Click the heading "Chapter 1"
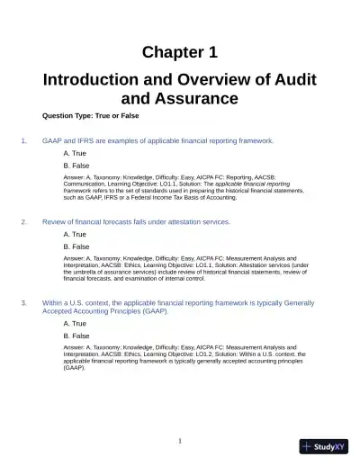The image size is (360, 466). pyautogui.click(x=180, y=51)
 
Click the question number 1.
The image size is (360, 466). pyautogui.click(x=22, y=141)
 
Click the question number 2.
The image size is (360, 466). pyautogui.click(x=22, y=221)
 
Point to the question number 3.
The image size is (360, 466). pyautogui.click(x=22, y=303)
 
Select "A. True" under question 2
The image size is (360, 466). pyautogui.click(x=75, y=234)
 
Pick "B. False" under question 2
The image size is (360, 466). pyautogui.click(x=76, y=246)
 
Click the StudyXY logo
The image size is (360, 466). pyautogui.click(x=324, y=447)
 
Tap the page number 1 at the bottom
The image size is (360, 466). pyautogui.click(x=180, y=441)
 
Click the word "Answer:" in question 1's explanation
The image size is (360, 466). pyautogui.click(x=75, y=178)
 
